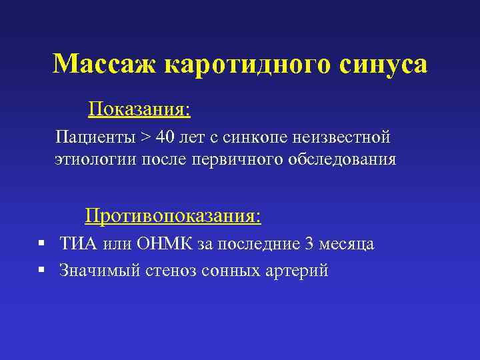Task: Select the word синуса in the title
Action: [x=383, y=65]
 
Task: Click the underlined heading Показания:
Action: [x=139, y=109]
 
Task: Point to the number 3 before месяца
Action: [x=308, y=244]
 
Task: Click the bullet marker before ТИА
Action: [x=41, y=244]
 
